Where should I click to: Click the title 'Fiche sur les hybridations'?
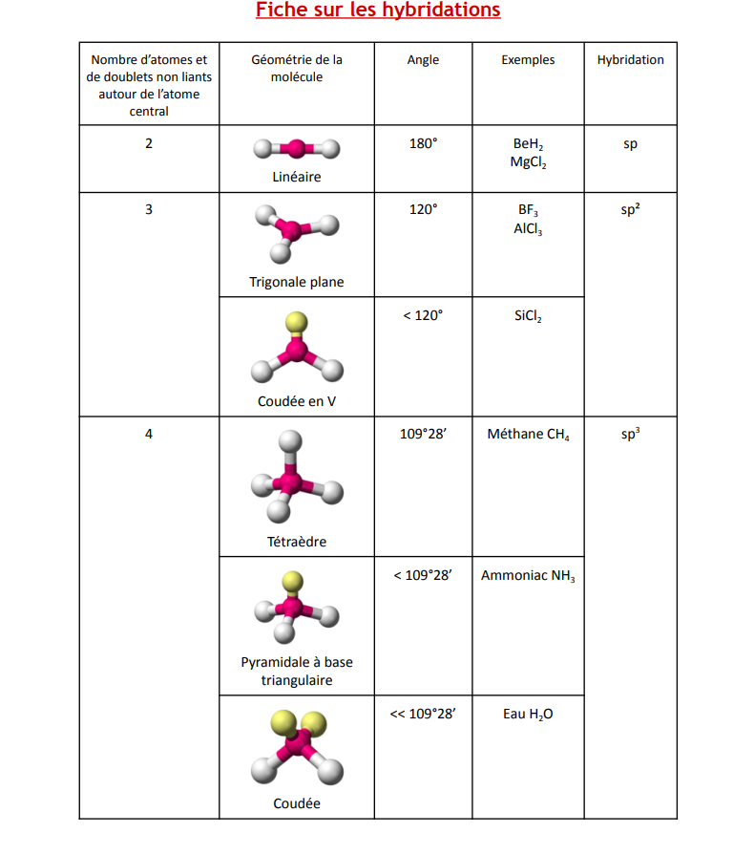tap(378, 11)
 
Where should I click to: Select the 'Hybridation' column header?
tap(630, 59)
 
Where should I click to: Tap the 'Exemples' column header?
tap(528, 59)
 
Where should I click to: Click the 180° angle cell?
tap(423, 144)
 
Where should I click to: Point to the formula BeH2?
tap(528, 144)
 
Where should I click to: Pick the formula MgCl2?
tap(527, 162)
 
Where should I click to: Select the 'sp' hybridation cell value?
tap(630, 144)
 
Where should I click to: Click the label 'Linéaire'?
tap(297, 177)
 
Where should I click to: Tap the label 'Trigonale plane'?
tap(297, 282)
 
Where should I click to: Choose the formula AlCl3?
tap(528, 229)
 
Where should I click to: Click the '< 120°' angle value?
tap(423, 315)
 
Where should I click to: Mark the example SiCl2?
tap(528, 316)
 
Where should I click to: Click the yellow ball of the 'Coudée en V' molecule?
tap(297, 322)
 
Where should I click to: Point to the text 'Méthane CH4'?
tap(528, 435)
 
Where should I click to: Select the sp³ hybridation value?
tap(630, 434)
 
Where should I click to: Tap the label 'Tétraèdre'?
tap(297, 542)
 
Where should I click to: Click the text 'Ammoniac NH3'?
tap(528, 576)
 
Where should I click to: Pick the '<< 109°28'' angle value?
tap(423, 714)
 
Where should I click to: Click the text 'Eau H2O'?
tap(528, 715)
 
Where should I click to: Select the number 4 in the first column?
tap(148, 434)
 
